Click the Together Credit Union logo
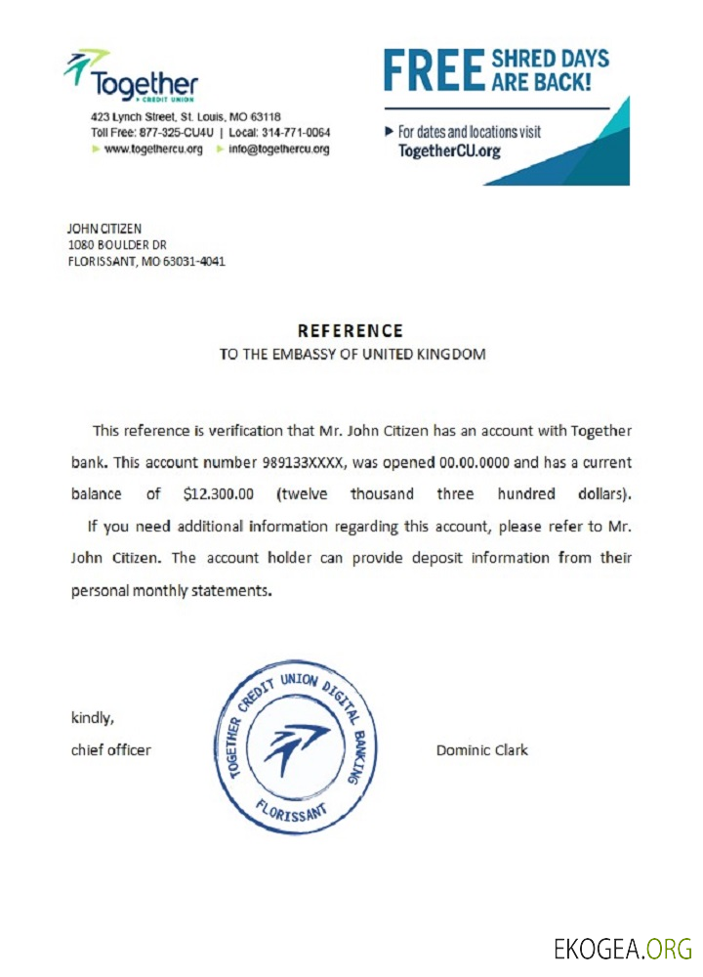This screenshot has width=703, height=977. click(x=131, y=76)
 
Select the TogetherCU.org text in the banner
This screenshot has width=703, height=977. click(x=449, y=151)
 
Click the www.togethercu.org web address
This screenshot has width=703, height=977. click(x=153, y=149)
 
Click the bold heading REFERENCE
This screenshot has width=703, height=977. click(x=350, y=331)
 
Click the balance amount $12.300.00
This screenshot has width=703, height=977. click(x=219, y=493)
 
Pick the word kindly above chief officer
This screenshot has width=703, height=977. click(x=93, y=718)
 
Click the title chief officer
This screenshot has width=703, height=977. click(x=111, y=750)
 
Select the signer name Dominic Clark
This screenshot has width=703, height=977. click(x=481, y=750)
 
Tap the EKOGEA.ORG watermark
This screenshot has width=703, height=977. click(x=623, y=948)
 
